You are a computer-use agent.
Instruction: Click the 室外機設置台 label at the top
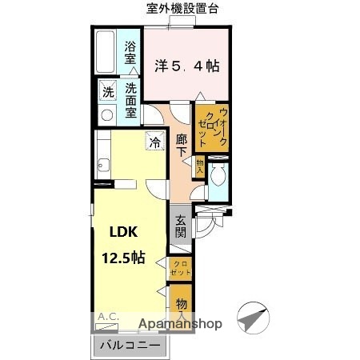click(183, 8)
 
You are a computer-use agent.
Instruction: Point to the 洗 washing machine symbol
click(107, 92)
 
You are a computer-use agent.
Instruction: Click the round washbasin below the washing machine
click(106, 114)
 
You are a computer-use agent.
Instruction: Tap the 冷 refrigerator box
click(153, 143)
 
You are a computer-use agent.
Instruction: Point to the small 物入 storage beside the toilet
click(199, 166)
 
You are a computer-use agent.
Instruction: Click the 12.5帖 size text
click(122, 258)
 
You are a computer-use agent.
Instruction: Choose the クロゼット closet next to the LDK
click(182, 268)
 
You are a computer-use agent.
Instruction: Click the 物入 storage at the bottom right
click(182, 305)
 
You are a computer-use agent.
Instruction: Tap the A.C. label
click(108, 318)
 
